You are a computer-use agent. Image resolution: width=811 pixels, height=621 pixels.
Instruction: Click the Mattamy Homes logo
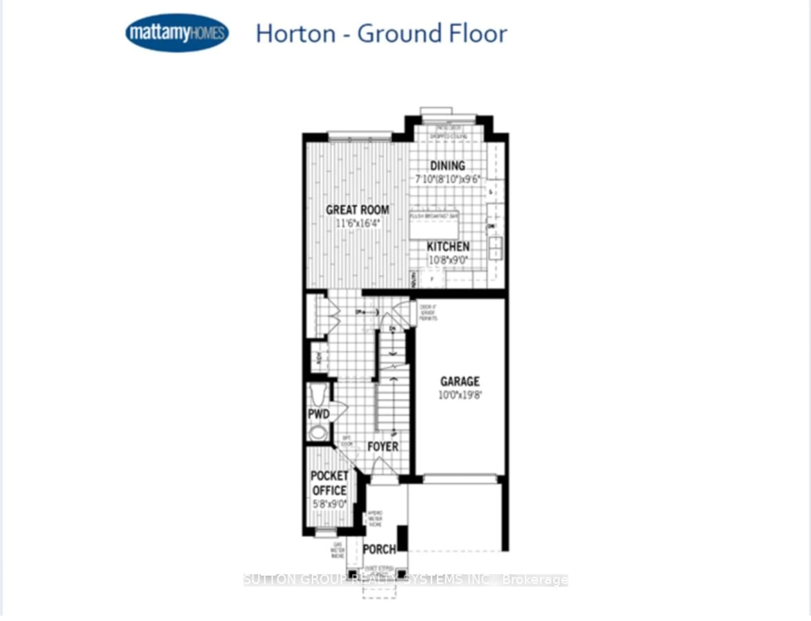point(177,33)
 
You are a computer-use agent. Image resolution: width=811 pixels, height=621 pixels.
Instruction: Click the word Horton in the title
point(295,34)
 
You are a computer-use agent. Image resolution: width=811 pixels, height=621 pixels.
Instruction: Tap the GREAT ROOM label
point(357,210)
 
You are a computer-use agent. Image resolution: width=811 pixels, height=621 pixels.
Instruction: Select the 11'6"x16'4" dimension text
point(358,223)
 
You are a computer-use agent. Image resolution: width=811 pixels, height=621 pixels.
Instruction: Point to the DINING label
point(448,166)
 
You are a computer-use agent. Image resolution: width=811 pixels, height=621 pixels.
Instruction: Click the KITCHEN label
point(448,246)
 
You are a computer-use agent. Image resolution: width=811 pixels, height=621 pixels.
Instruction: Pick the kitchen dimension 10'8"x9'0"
point(448,260)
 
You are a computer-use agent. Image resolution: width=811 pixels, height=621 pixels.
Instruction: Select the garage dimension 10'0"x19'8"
point(460,395)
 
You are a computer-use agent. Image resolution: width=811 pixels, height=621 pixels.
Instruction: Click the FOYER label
point(383,447)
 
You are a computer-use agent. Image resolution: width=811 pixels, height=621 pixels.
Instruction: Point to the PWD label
point(319,414)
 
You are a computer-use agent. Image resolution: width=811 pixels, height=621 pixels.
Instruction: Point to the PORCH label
point(379,550)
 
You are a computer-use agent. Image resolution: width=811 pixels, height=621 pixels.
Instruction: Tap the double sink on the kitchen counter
point(495,248)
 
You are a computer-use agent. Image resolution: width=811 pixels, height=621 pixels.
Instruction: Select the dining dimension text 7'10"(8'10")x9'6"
point(447,179)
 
